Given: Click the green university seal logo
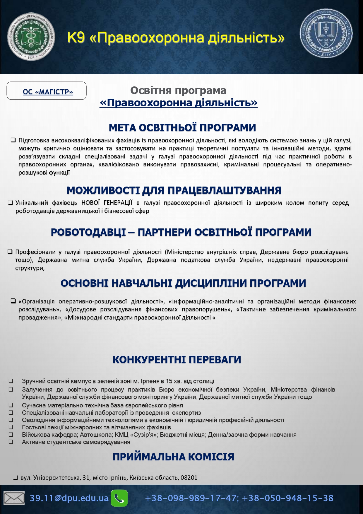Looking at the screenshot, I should pos(31,37).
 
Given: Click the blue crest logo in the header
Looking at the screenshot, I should pos(326,33).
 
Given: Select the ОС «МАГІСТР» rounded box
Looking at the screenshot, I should pos(47,91).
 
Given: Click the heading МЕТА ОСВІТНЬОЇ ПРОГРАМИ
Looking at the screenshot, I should pos(182,128).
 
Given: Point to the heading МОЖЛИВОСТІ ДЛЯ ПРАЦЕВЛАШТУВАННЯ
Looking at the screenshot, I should pos(174,190).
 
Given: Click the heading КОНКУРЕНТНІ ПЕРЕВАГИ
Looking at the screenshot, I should pos(177,360).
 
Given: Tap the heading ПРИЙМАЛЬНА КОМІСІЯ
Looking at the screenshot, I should pos(173,457).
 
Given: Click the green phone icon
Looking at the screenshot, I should pos(119,498).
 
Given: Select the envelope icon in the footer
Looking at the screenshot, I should pos(14,498).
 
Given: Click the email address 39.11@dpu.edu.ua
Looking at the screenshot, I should pos(69,498).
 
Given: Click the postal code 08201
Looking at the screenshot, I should pos(189,478).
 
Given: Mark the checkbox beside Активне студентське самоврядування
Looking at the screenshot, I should pos(11,442).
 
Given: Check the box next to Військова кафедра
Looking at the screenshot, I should pos(11,435).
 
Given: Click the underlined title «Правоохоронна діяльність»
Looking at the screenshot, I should pos(178,103).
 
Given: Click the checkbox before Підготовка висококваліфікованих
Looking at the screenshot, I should pos(13,140).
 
